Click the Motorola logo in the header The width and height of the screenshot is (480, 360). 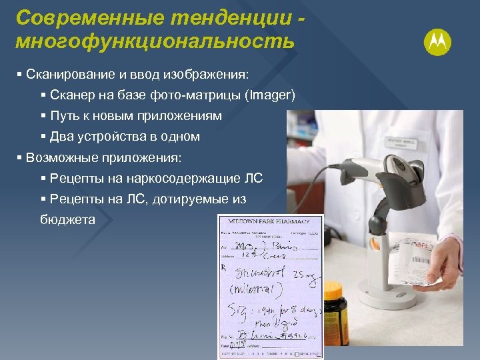[437, 43]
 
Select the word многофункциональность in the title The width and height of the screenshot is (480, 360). [154, 41]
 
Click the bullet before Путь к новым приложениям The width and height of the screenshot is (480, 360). [43, 115]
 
